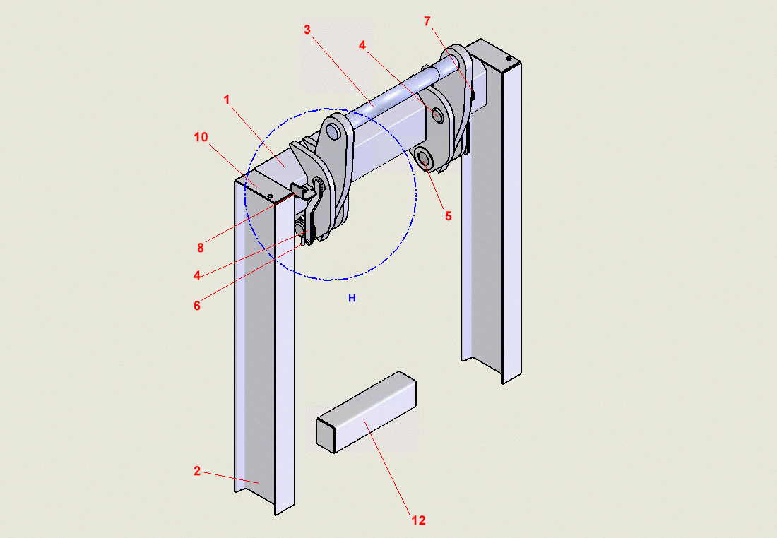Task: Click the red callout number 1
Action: pyautogui.click(x=227, y=100)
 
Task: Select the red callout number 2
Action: pyautogui.click(x=197, y=471)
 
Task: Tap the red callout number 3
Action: pyautogui.click(x=307, y=30)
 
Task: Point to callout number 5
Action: pyautogui.click(x=449, y=216)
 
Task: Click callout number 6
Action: pyautogui.click(x=197, y=306)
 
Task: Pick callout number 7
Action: pyautogui.click(x=427, y=21)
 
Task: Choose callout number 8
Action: pyautogui.click(x=201, y=248)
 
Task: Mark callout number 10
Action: pyautogui.click(x=201, y=137)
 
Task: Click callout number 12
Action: pyautogui.click(x=419, y=520)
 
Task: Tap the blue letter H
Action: pyautogui.click(x=352, y=298)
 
